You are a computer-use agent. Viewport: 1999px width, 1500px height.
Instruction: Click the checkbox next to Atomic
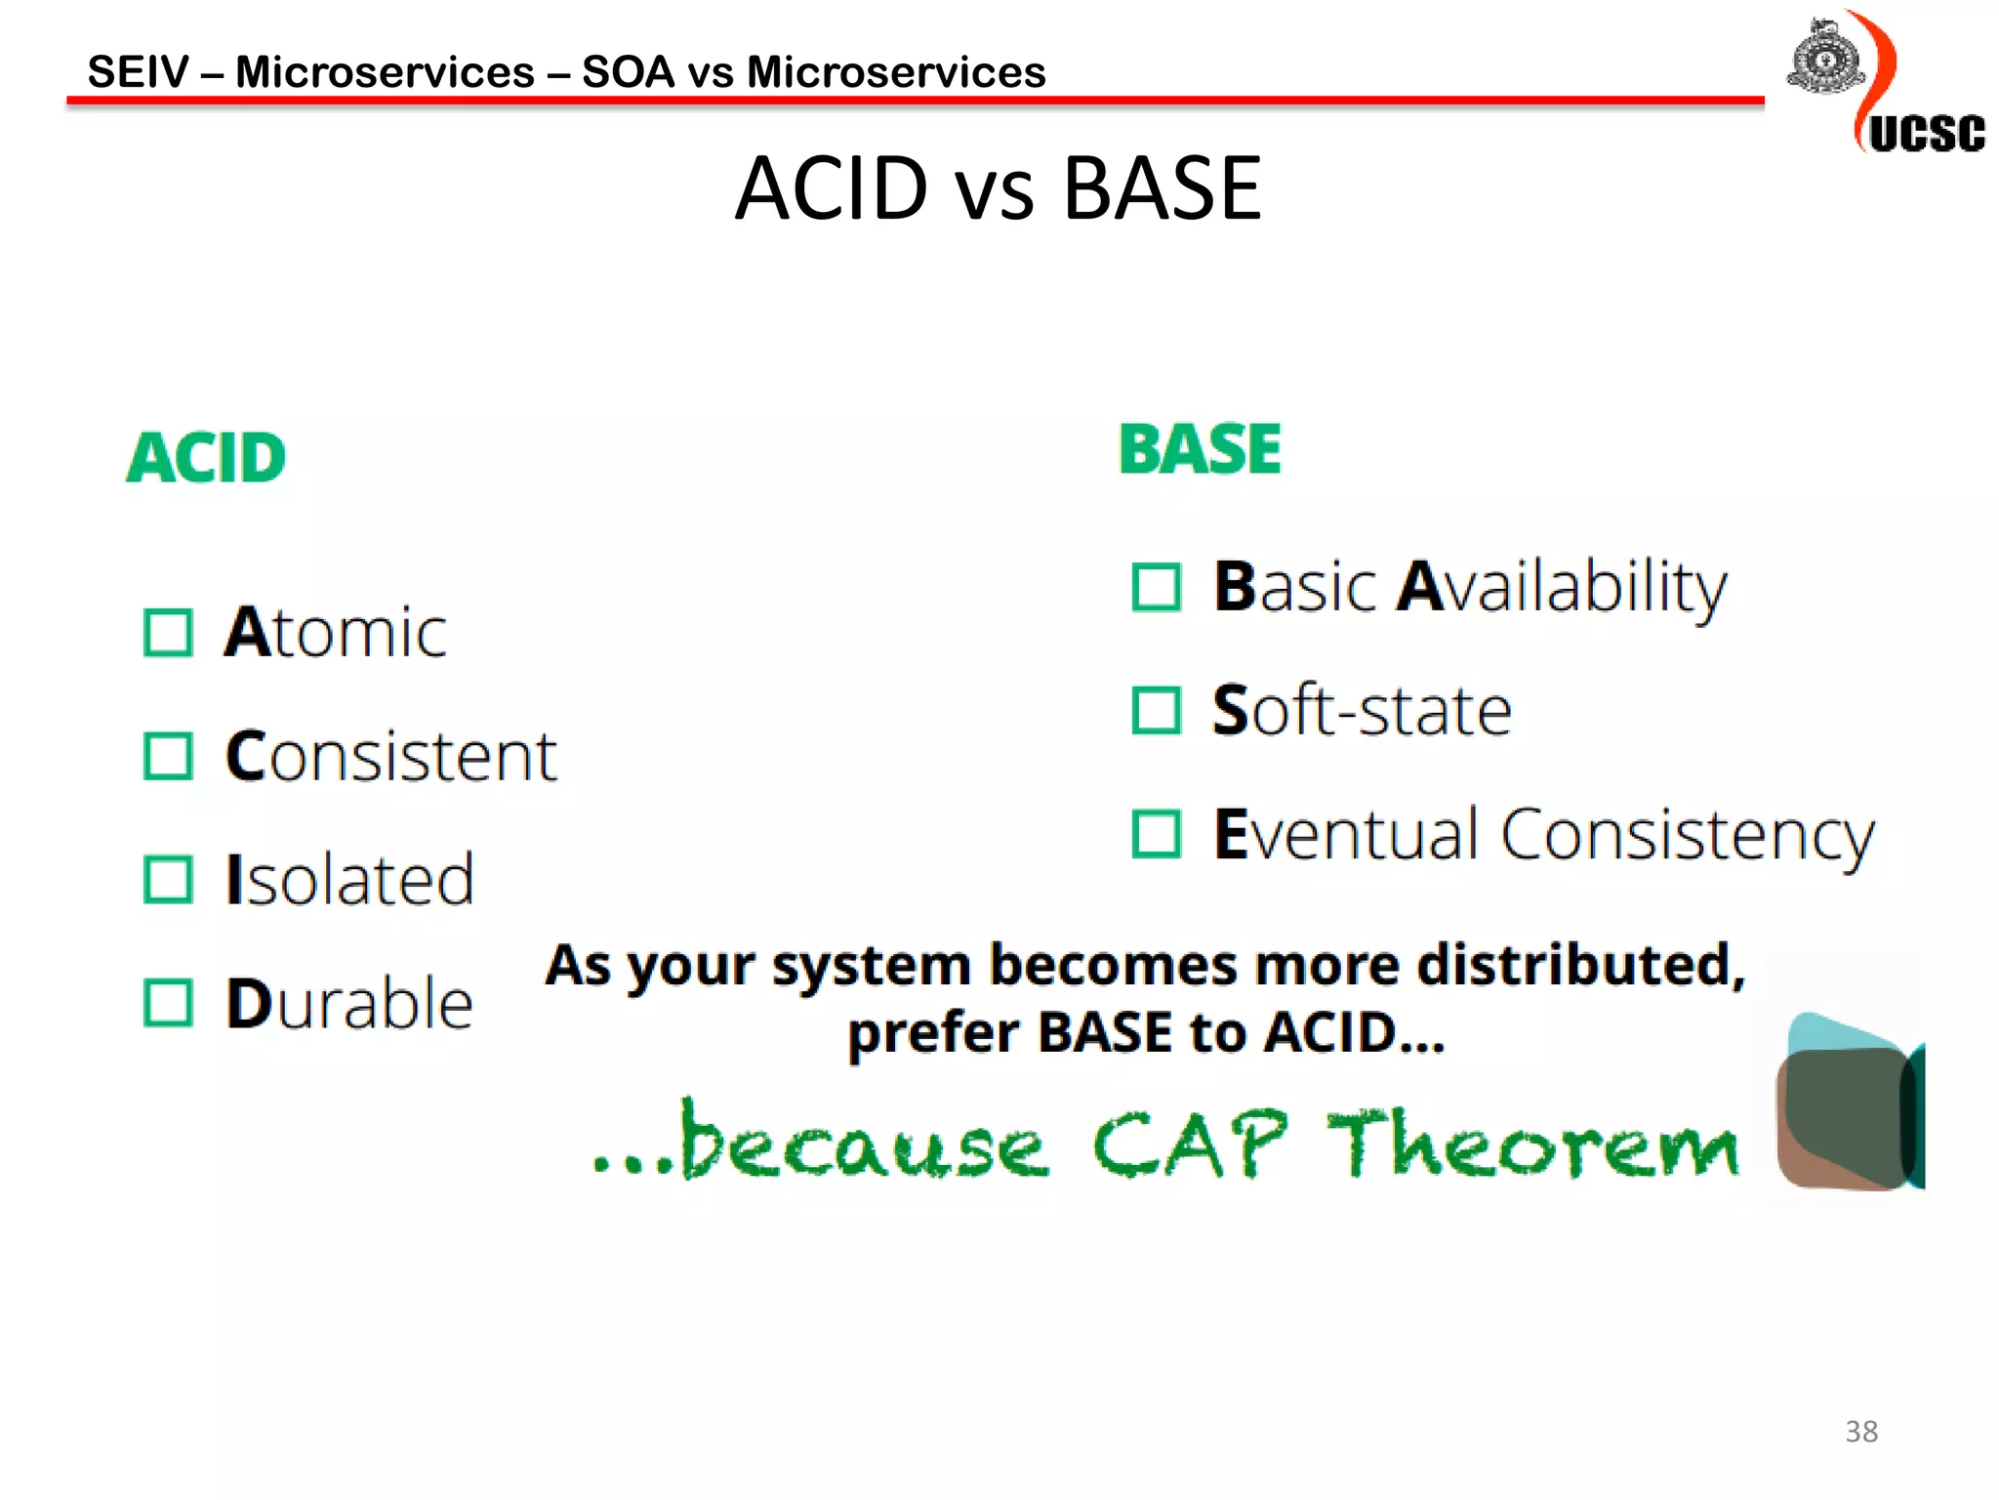pyautogui.click(x=168, y=633)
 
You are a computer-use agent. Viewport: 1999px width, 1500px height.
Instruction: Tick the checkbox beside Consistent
pyautogui.click(x=168, y=756)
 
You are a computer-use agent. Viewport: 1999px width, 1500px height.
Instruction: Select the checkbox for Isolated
pyautogui.click(x=168, y=879)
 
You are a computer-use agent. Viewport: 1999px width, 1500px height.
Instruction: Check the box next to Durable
pyautogui.click(x=168, y=1003)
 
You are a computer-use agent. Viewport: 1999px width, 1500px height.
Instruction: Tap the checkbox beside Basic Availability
pyautogui.click(x=1157, y=587)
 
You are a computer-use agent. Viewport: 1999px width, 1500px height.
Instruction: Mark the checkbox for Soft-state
pyautogui.click(x=1157, y=710)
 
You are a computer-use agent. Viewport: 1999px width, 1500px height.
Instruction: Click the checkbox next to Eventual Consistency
pyautogui.click(x=1157, y=834)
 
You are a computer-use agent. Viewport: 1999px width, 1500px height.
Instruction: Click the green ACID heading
pyautogui.click(x=206, y=458)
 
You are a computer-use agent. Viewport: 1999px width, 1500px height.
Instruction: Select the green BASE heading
pyautogui.click(x=1200, y=449)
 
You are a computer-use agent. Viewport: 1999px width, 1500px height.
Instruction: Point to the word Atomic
pyautogui.click(x=336, y=633)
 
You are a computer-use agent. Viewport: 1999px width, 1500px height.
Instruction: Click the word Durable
pyautogui.click(x=349, y=1003)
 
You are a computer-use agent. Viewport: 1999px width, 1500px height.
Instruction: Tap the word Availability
pyautogui.click(x=1562, y=589)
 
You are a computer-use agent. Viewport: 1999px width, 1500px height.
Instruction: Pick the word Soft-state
pyautogui.click(x=1362, y=710)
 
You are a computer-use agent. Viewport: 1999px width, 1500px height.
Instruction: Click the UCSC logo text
pyautogui.click(x=1927, y=134)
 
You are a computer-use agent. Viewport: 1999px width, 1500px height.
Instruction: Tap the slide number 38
pyautogui.click(x=1860, y=1432)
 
